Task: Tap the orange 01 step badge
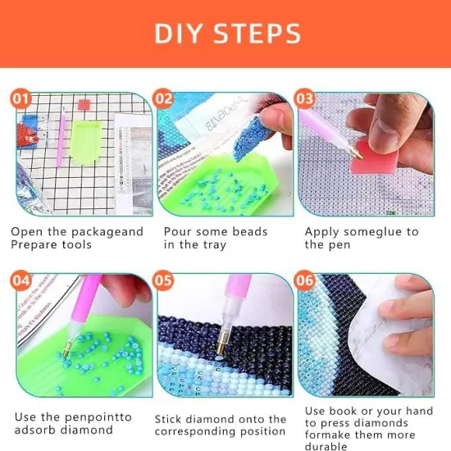22,100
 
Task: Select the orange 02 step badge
164,100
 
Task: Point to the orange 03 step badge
305,100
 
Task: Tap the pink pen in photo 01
60,139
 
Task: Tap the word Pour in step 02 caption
178,232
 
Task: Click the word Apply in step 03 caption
322,232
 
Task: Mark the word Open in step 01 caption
26,232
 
